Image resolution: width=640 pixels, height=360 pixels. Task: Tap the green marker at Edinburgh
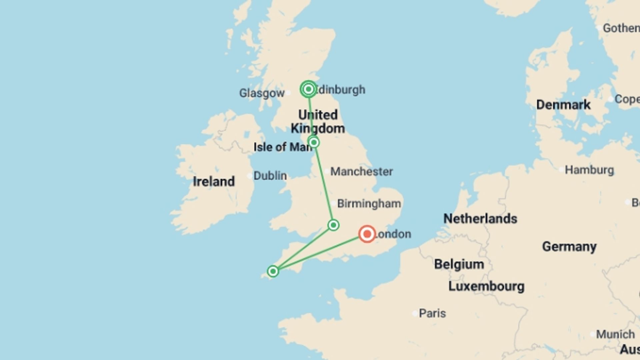[x=308, y=89]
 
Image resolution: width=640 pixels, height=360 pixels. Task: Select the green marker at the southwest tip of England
[x=273, y=271]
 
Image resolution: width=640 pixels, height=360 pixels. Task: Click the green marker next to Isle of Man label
[x=314, y=143]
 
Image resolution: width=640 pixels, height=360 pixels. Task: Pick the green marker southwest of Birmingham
[x=333, y=225]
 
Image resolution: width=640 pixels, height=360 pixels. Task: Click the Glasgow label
[x=262, y=93]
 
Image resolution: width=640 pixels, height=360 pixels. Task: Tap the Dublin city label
[x=270, y=176]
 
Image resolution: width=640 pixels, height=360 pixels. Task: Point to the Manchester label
[x=361, y=172]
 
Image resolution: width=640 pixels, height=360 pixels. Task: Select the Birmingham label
[x=369, y=203]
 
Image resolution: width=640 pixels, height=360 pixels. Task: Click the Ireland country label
[x=214, y=182]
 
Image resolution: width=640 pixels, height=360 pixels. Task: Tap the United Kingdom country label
[x=318, y=122]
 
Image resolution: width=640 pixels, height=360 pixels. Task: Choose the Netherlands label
[x=480, y=219]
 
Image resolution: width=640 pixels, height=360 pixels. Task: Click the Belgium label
[x=459, y=264]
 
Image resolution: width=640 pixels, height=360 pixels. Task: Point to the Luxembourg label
[x=486, y=286]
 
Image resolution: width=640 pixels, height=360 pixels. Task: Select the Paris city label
[x=432, y=313]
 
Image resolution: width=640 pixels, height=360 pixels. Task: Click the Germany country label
[x=569, y=247]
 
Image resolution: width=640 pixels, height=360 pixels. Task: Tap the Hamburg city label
[x=589, y=170]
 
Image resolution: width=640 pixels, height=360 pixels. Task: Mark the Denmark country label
[x=563, y=105]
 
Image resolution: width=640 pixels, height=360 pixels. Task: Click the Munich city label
[x=615, y=334]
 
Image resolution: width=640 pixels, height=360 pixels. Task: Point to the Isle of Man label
[x=282, y=147]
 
